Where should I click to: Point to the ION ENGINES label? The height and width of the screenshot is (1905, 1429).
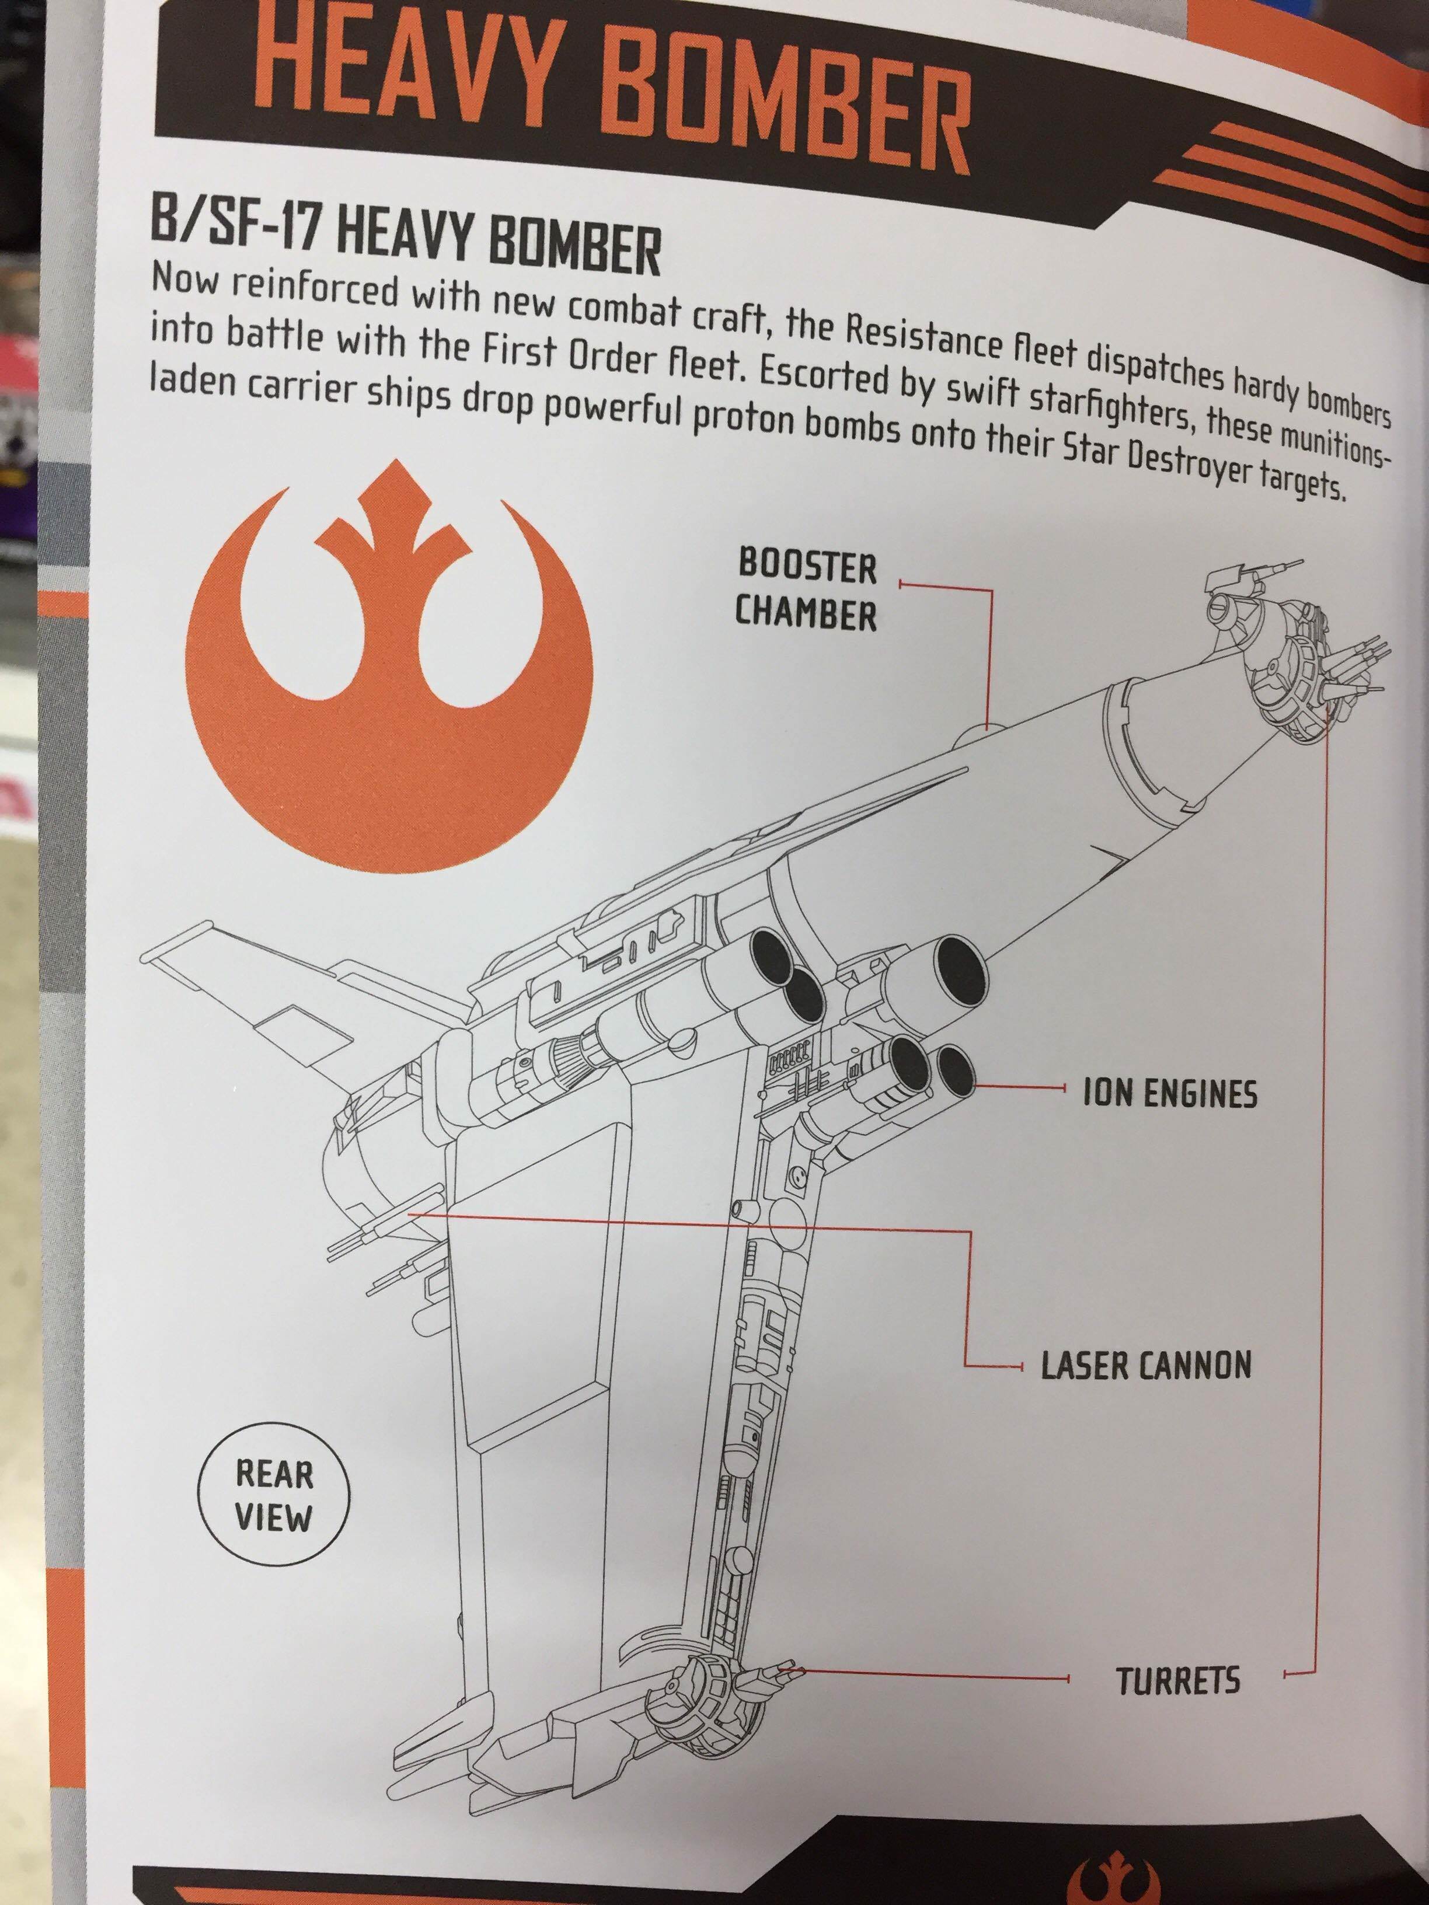[x=1169, y=1094]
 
